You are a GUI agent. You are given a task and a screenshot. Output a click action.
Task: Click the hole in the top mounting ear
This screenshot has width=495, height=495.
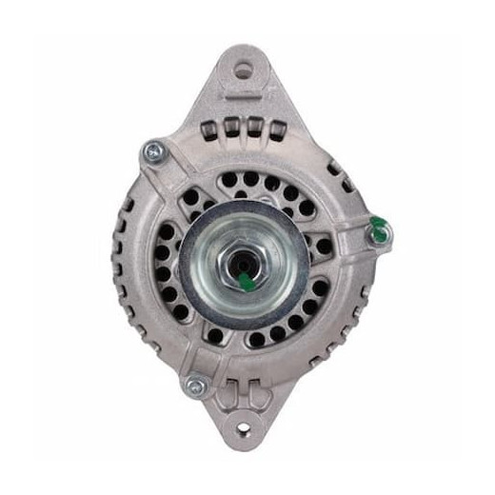[x=245, y=69]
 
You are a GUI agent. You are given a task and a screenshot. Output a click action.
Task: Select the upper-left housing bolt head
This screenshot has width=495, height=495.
[x=152, y=150]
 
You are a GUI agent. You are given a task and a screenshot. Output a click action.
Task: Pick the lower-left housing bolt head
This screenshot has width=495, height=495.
[x=196, y=386]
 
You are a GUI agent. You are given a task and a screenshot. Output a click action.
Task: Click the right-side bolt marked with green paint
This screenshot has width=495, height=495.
[x=378, y=228]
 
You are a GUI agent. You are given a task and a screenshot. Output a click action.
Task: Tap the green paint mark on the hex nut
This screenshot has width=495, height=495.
[x=246, y=281]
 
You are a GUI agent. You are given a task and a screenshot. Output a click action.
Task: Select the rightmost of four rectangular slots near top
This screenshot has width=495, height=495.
[x=277, y=131]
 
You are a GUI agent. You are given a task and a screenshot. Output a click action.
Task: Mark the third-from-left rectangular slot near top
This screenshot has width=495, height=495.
[x=255, y=129]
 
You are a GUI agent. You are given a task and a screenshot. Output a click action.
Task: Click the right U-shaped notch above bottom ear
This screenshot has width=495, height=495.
[x=259, y=388]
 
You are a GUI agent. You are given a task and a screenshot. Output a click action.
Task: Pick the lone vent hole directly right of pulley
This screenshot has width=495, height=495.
[x=325, y=247]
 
